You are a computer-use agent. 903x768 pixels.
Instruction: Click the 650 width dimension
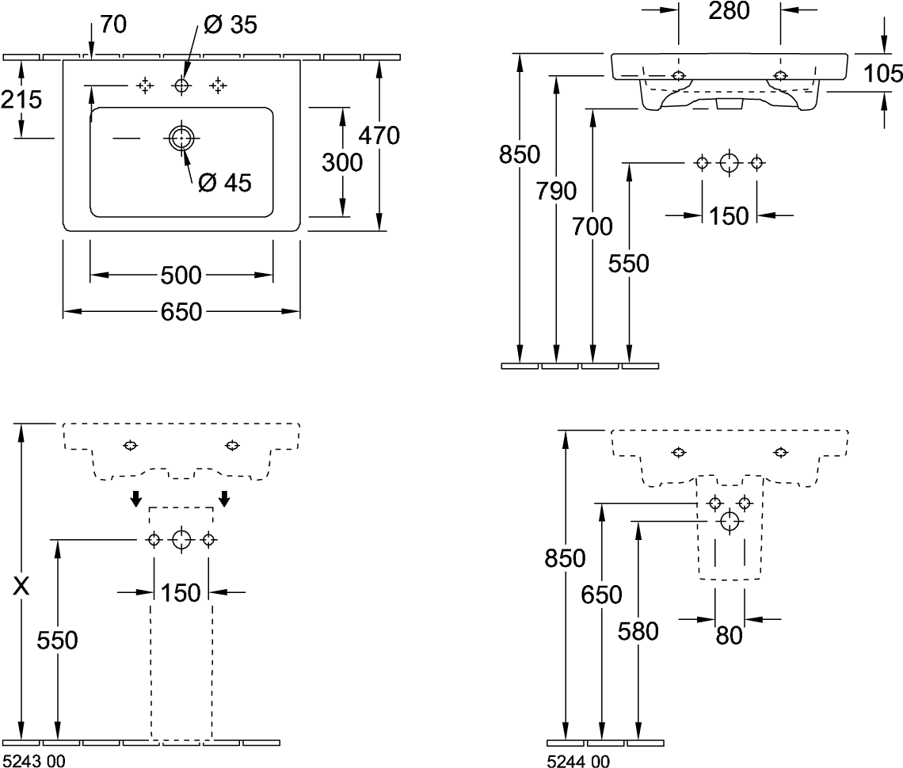tap(181, 312)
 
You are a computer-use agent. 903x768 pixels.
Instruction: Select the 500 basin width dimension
tap(181, 276)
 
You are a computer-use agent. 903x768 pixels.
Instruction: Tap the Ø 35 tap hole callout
tap(230, 25)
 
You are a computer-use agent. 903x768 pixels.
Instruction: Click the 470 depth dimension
tap(379, 135)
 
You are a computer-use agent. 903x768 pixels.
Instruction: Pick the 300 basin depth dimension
tap(342, 162)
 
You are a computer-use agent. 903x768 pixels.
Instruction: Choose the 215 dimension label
tap(21, 100)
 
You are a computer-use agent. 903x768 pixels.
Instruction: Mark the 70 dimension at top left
tap(113, 25)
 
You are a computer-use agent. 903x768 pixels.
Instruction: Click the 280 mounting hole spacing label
tap(729, 10)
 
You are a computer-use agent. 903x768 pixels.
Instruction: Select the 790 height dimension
tap(555, 191)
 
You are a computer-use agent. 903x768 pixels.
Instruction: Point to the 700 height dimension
tap(592, 226)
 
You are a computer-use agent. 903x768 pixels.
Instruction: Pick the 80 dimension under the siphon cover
tap(730, 635)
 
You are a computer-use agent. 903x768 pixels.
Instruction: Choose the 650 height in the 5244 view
tap(602, 594)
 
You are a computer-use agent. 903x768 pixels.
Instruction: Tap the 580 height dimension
tap(638, 631)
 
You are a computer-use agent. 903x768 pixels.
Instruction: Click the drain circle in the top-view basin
tap(181, 138)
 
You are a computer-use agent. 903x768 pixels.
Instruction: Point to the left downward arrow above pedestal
tap(135, 498)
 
